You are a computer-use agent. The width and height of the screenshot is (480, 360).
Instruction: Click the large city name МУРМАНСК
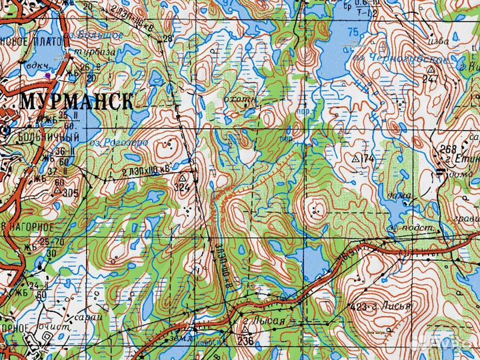77,101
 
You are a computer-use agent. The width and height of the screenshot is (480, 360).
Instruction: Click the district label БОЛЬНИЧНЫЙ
40,138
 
